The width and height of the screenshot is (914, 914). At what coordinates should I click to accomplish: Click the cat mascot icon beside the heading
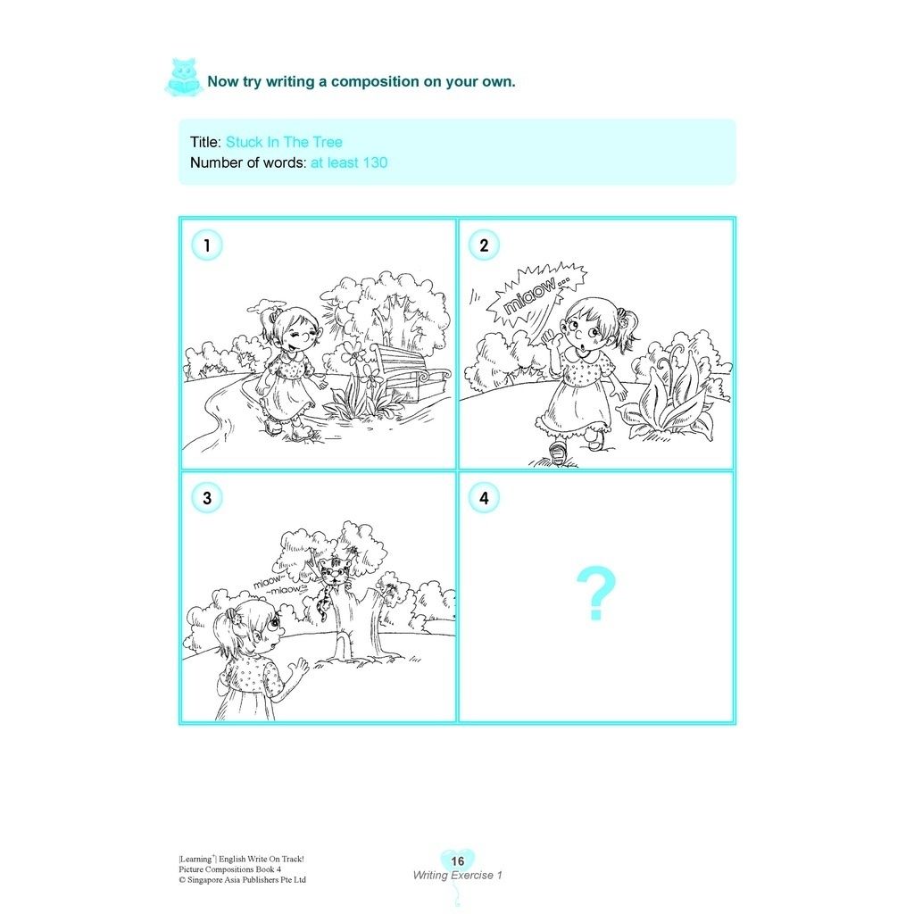click(184, 77)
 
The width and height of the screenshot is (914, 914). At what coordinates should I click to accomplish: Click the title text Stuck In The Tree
click(284, 142)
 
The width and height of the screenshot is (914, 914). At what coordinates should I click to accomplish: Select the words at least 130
click(349, 162)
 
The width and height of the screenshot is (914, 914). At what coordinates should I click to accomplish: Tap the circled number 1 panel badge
click(207, 245)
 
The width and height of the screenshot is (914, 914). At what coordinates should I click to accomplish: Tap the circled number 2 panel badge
click(484, 245)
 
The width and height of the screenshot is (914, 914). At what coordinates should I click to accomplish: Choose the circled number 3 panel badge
click(207, 498)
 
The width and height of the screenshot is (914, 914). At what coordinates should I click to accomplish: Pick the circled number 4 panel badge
click(484, 498)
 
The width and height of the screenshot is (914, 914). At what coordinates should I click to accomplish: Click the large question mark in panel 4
click(595, 593)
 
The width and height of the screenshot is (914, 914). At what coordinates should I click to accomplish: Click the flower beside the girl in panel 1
click(353, 354)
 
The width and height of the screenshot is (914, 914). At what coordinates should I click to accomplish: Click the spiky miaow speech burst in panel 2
click(536, 295)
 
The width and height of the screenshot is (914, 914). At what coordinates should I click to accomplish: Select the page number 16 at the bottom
click(458, 861)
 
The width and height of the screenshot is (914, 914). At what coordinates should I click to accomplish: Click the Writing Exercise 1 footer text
click(458, 875)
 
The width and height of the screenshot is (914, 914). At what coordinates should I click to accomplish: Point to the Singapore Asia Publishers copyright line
click(243, 879)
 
